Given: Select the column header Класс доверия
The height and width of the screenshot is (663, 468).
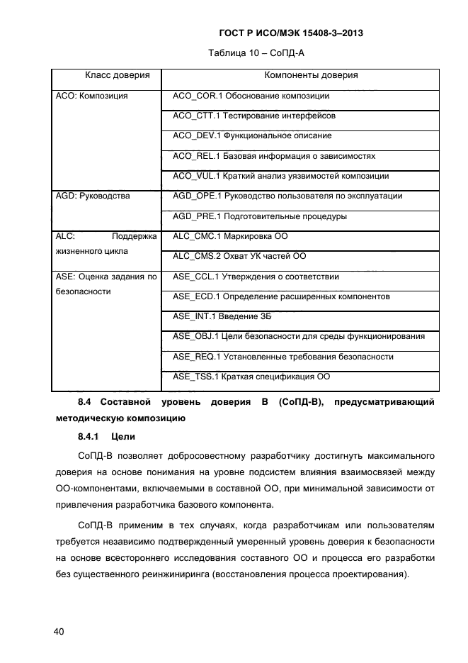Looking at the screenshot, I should point(118,75).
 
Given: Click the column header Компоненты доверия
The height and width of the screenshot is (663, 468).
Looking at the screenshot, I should point(311,75).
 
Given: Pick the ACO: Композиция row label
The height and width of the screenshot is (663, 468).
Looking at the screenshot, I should point(91,96).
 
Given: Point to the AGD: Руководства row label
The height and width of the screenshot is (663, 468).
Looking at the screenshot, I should point(93,196).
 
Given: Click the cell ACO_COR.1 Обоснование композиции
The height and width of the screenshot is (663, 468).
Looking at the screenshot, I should point(251,96).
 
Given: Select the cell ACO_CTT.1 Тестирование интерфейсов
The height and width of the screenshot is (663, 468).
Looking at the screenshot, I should point(253,116).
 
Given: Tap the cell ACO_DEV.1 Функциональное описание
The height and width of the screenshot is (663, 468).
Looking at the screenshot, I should point(252,135).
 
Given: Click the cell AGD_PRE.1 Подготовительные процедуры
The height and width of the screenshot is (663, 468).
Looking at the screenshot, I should point(260,216).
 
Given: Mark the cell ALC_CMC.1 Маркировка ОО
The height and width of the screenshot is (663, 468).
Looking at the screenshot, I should point(230,236).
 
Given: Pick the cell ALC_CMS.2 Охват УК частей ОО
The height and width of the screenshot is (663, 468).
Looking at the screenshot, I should point(239,256).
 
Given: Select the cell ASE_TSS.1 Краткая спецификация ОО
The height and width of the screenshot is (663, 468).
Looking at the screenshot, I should point(251,377).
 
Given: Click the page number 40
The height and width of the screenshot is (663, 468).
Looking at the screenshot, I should point(57,631).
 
